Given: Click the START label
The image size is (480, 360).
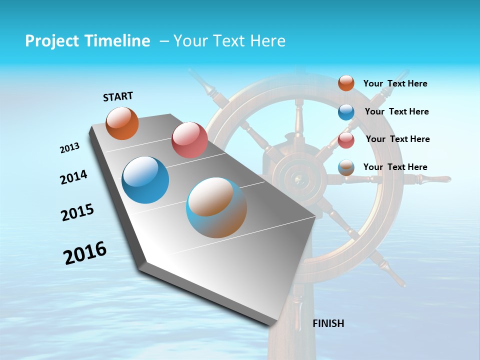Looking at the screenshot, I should [x=118, y=96].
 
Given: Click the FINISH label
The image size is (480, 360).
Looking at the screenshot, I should [x=328, y=323].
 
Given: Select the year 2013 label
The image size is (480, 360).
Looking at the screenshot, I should [x=69, y=148].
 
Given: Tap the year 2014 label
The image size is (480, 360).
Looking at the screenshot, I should [x=73, y=177].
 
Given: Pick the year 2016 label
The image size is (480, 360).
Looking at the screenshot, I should [x=85, y=252].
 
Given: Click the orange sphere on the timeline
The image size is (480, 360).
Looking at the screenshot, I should [x=122, y=123].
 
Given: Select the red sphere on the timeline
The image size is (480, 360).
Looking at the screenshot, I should [x=189, y=140].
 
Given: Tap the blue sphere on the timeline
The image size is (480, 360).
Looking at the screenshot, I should [x=145, y=180].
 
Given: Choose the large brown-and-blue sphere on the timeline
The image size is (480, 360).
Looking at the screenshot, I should [x=216, y=207].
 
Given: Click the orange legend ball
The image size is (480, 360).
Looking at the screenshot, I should [x=346, y=83].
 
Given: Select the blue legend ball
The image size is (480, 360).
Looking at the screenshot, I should [x=346, y=112].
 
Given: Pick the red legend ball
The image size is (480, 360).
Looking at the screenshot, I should [x=346, y=139].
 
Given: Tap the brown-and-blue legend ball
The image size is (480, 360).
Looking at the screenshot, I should [x=346, y=167].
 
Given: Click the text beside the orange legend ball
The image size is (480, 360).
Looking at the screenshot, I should [x=395, y=83].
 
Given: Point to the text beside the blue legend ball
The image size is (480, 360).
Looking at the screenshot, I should [x=396, y=111].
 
